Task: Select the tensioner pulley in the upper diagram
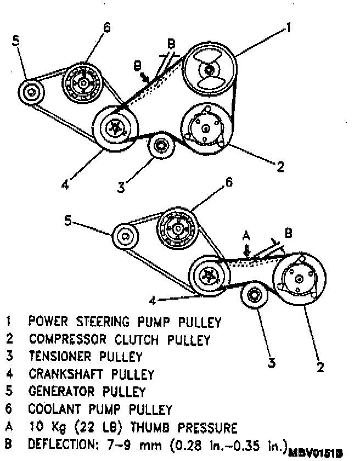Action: pos(161,145)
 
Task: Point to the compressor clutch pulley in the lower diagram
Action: pos(299,279)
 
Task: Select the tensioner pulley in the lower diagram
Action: pos(255,297)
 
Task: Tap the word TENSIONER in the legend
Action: pos(59,357)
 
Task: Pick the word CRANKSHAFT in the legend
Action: pos(65,374)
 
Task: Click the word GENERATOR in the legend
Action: pos(62,392)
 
